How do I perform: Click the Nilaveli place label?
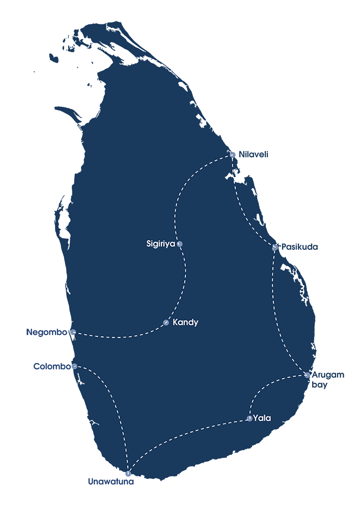coord(253,155)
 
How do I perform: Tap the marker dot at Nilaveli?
coord(232,155)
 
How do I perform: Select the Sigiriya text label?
coord(161,244)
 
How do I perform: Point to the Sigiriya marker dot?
coord(180,244)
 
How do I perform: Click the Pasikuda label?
coord(299,247)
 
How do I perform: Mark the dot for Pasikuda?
coord(275,247)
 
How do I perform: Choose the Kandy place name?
coord(185,322)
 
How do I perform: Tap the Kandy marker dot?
coord(166,323)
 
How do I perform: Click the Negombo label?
coord(46,332)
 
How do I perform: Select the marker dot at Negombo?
coord(73,332)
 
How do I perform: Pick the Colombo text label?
coord(52,366)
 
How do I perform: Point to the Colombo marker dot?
coord(74,366)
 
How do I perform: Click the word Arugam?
coord(327,375)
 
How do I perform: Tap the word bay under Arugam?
coord(319,385)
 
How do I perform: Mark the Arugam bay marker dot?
coord(307,375)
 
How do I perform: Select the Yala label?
coord(262,418)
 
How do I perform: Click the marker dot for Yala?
coord(250,418)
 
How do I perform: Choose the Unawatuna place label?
coord(110,482)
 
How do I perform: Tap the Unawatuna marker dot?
coord(128,473)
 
